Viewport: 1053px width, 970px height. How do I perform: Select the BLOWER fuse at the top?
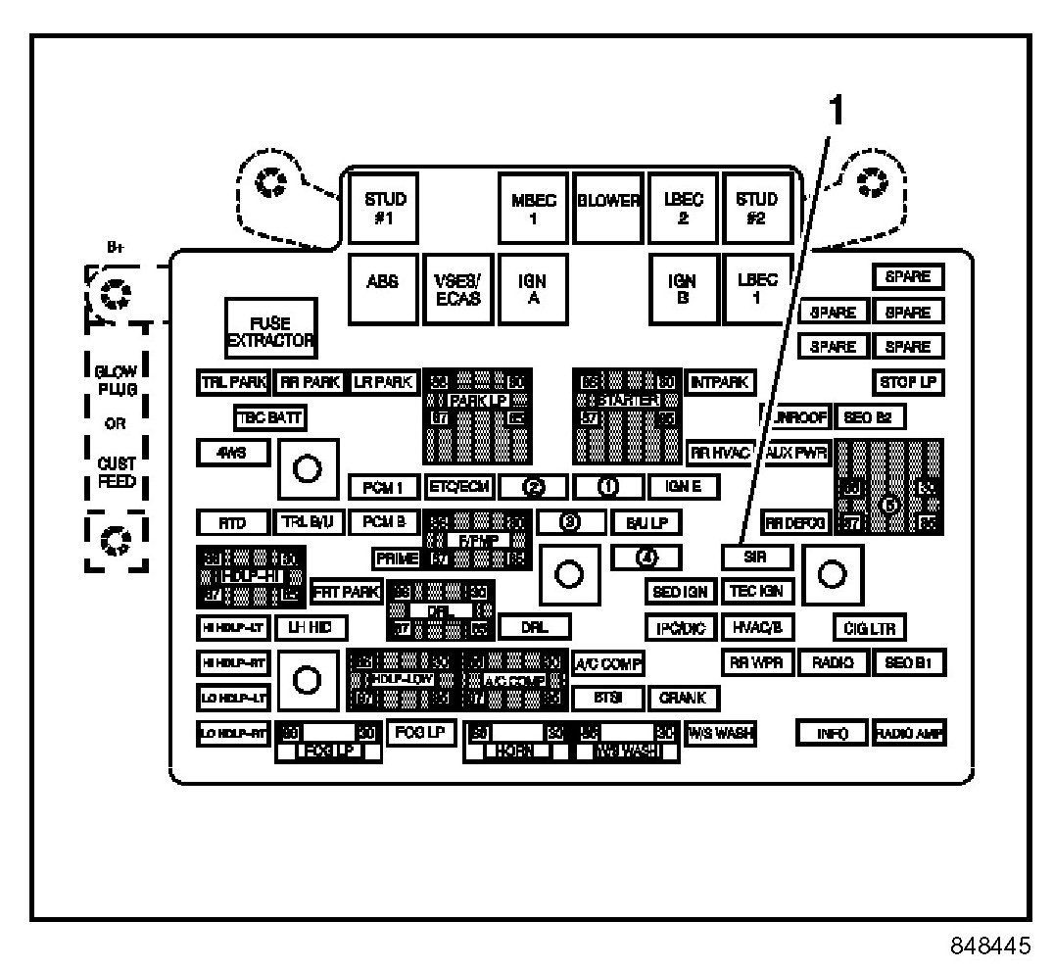point(607,208)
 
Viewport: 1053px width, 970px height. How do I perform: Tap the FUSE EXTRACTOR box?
point(269,331)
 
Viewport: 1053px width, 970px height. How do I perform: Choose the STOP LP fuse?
point(907,382)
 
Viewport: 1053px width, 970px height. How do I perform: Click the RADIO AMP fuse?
point(909,733)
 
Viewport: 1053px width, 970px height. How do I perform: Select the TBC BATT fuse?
point(269,417)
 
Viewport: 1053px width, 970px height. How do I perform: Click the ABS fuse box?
point(382,289)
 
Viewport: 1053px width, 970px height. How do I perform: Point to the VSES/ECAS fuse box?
point(457,289)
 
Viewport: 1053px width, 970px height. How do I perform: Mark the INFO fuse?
point(830,733)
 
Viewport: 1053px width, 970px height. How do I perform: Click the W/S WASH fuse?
point(718,732)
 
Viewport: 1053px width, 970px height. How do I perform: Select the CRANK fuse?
point(683,698)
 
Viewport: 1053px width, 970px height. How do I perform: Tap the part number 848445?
point(989,946)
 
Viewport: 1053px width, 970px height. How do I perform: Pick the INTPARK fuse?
point(718,381)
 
